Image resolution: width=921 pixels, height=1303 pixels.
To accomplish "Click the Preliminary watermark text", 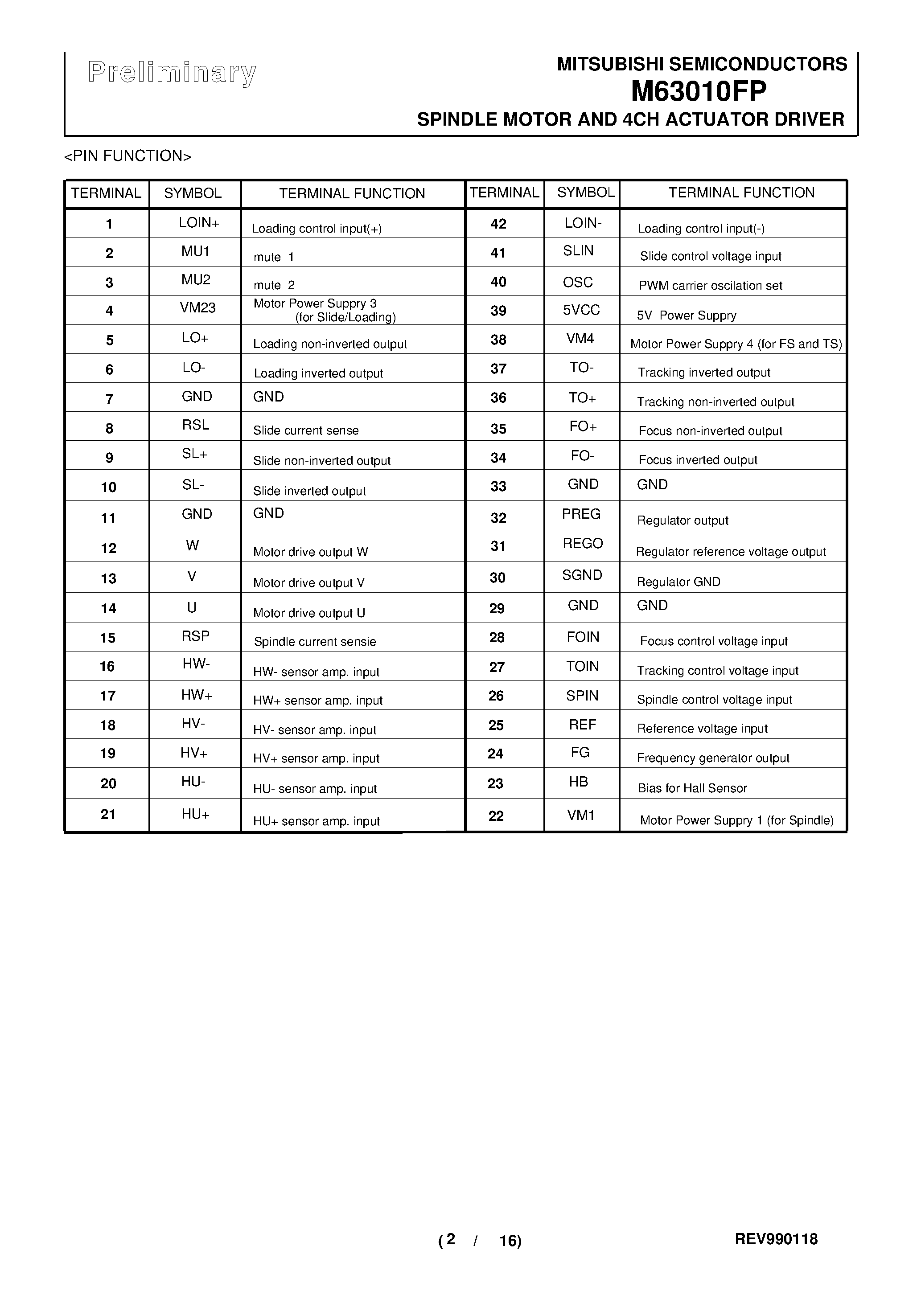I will (172, 73).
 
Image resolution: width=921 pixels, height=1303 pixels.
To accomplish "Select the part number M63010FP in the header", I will (699, 91).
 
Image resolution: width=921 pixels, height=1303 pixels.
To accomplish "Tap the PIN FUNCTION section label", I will (128, 156).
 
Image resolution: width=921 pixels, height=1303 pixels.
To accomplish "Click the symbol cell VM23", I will (197, 308).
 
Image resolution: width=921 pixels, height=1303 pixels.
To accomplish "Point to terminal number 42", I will (498, 224).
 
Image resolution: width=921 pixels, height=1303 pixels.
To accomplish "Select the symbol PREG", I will (581, 514).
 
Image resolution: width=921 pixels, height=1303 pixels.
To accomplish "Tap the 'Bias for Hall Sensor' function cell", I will (692, 788).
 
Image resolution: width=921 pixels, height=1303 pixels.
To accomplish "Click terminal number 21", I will (108, 815).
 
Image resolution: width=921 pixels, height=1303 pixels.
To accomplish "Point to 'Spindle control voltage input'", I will (714, 700).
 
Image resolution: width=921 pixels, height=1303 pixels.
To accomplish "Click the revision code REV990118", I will (776, 1239).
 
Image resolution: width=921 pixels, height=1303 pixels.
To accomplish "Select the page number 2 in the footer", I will (450, 1239).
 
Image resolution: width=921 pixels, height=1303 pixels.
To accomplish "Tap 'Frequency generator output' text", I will (713, 758).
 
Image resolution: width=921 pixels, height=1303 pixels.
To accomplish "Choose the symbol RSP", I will (195, 636).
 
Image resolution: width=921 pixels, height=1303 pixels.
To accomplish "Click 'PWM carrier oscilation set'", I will (710, 286).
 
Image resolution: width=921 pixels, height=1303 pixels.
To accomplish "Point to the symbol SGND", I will (582, 575).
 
